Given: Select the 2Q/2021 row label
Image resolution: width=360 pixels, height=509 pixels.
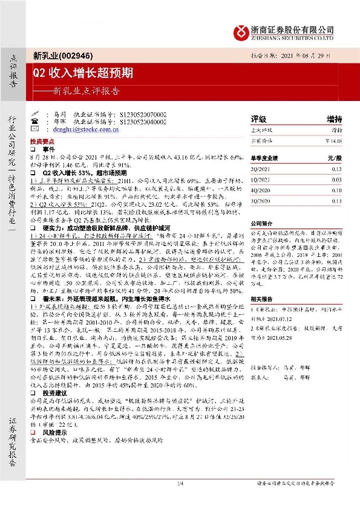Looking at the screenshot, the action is pos(261,170).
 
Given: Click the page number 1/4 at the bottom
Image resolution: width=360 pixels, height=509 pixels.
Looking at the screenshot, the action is pos(179,499).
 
